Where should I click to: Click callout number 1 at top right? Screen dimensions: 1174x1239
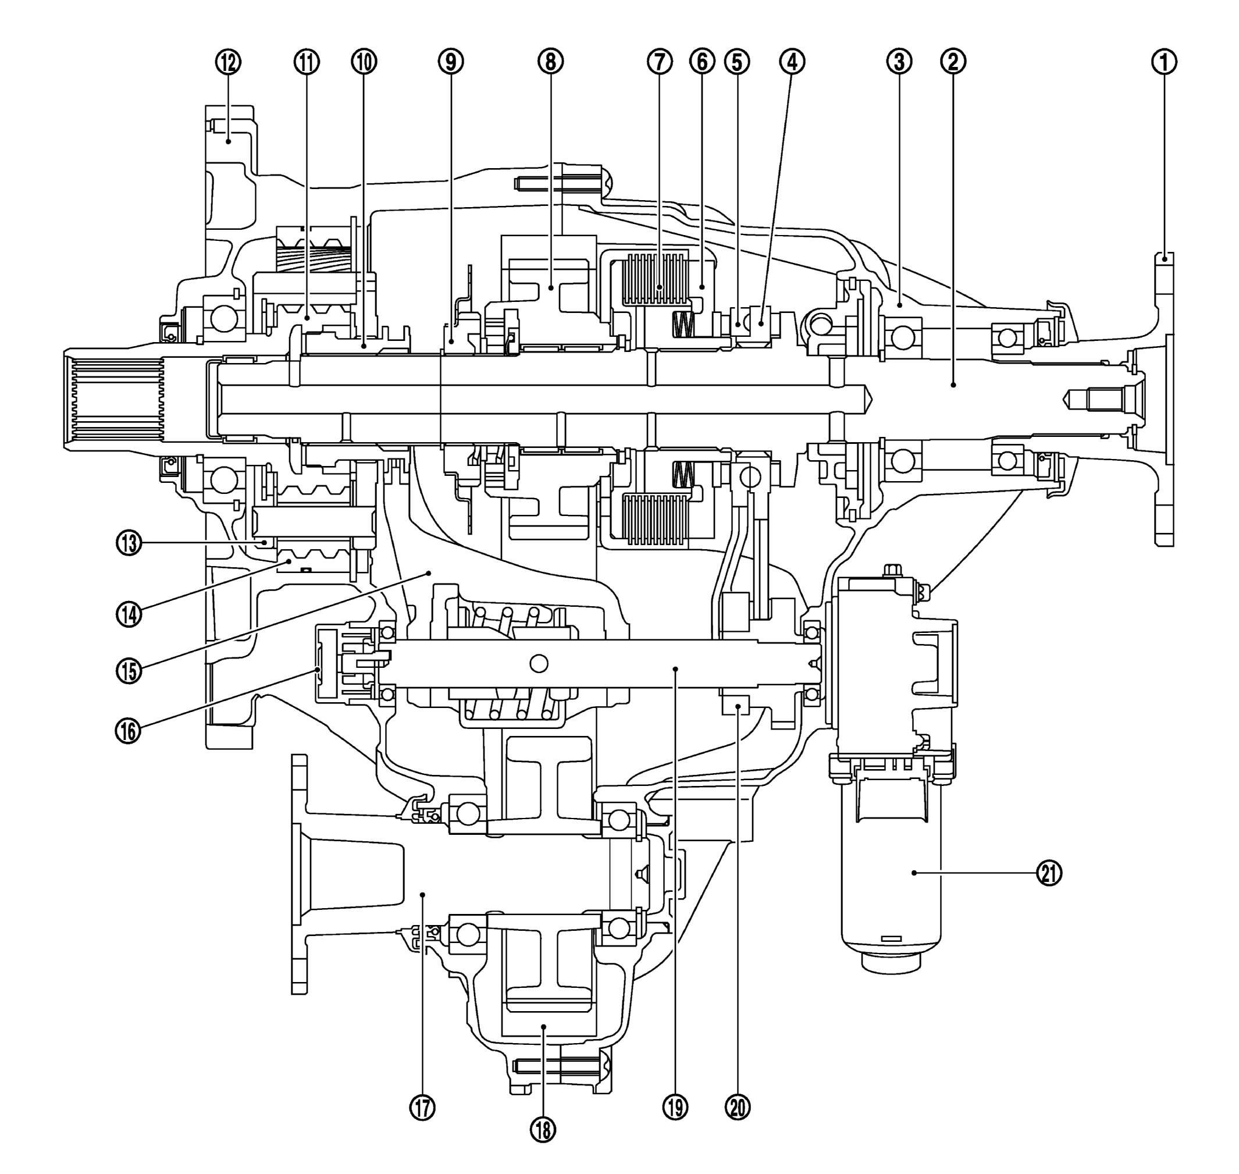coord(1164,61)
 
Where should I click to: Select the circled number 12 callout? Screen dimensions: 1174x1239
coord(229,61)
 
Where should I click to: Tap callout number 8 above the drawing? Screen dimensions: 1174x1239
coord(550,61)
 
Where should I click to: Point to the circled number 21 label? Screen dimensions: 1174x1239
coord(1050,873)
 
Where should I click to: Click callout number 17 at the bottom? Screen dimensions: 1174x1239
coord(422,1108)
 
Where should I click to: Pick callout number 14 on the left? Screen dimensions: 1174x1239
coord(129,614)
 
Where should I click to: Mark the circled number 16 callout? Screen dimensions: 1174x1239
coord(129,730)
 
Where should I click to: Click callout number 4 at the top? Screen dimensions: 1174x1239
coord(792,61)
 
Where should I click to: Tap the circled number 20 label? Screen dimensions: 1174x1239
coord(738,1108)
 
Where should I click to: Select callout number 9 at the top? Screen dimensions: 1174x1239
coord(451,61)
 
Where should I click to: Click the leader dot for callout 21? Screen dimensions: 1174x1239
coord(914,873)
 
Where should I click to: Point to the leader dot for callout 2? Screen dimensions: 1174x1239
coord(953,386)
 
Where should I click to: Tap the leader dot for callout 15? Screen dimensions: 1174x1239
coord(429,572)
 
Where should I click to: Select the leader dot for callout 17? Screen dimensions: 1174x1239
coord(423,895)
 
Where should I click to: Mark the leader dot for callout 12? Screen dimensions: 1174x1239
coord(229,142)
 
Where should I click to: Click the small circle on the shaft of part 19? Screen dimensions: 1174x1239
coord(538,663)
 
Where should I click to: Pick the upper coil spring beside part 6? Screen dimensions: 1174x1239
coord(683,323)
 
